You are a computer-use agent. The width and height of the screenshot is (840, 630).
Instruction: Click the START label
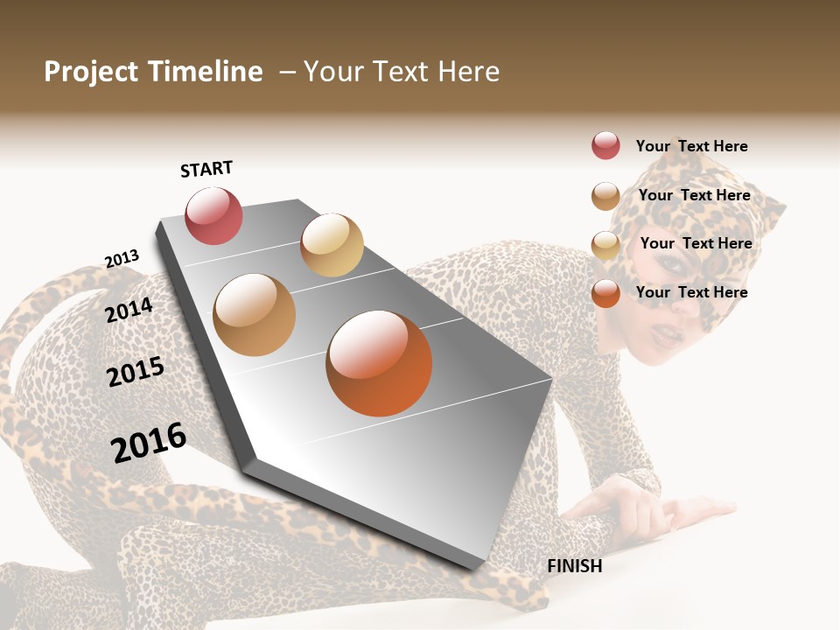(206, 169)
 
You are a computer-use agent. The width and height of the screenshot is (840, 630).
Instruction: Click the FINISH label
(574, 566)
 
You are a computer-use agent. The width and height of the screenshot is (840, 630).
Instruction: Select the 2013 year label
(122, 259)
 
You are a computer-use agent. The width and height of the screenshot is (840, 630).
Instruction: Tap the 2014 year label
(129, 310)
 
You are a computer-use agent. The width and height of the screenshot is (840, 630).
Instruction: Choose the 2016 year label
(149, 443)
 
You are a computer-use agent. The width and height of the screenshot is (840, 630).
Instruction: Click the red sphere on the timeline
(213, 216)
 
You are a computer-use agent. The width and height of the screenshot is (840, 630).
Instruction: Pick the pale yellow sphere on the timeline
(332, 245)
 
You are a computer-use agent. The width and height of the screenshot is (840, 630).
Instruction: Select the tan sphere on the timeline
(254, 315)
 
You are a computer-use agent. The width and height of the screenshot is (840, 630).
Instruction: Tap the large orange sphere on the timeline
(379, 363)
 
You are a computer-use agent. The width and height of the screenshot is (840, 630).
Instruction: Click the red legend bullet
(605, 145)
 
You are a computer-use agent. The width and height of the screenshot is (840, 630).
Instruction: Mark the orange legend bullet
(605, 293)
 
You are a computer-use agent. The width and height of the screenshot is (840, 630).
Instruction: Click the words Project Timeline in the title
(153, 72)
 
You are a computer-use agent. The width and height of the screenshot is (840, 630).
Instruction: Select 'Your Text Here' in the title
(402, 72)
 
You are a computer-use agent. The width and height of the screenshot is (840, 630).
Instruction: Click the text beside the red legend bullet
(691, 146)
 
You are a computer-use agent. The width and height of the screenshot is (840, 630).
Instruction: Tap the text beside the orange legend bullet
(691, 292)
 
